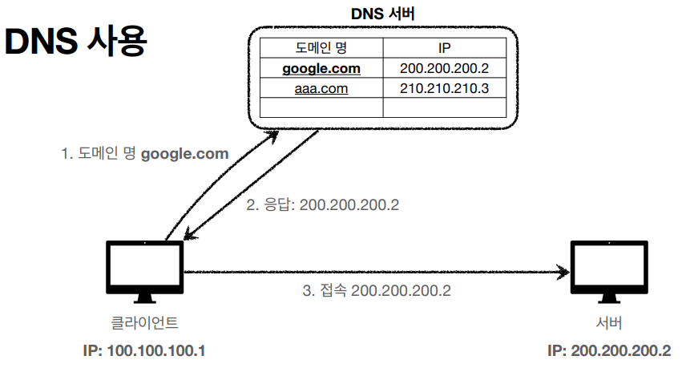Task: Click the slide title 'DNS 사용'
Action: [75, 42]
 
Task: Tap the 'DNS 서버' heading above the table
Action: [382, 14]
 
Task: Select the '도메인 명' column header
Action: [321, 47]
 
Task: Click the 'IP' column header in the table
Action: [445, 47]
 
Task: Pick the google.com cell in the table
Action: [321, 68]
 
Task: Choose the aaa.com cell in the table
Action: [321, 88]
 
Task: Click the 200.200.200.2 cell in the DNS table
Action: [445, 68]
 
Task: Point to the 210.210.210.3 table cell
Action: [445, 88]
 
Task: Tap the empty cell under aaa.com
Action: [321, 107]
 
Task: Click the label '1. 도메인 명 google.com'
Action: [145, 153]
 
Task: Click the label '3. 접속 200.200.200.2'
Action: [377, 290]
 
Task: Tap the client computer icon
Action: [145, 271]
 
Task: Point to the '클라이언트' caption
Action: [144, 324]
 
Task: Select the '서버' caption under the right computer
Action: [608, 324]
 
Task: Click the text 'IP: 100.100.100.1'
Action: [144, 351]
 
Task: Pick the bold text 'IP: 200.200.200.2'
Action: [609, 351]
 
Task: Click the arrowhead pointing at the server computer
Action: [563, 272]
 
